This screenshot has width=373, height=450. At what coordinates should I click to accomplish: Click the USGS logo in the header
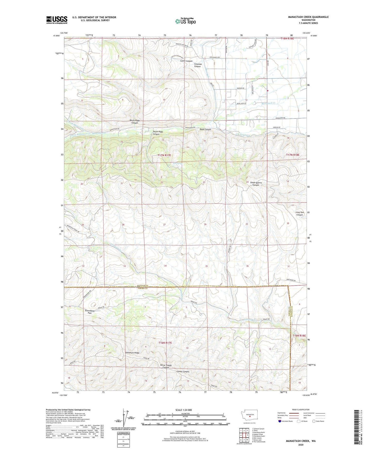(57, 20)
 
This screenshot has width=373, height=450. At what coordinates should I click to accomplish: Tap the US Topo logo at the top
(185, 21)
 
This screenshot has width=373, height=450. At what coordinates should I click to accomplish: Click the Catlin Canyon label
(186, 61)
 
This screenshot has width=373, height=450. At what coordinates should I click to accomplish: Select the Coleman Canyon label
(198, 65)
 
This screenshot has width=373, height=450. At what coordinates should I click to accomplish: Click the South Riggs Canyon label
(158, 133)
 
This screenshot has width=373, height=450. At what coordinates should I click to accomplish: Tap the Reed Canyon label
(205, 130)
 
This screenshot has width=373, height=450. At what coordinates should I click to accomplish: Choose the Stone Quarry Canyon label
(256, 184)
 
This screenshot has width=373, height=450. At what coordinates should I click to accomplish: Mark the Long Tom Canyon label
(299, 213)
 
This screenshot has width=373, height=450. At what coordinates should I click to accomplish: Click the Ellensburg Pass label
(89, 312)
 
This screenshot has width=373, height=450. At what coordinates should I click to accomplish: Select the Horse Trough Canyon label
(166, 366)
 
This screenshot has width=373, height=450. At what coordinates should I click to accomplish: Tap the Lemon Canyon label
(183, 372)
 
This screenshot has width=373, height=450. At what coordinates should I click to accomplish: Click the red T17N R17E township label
(164, 155)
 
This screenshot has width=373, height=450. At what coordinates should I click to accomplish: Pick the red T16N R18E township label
(299, 336)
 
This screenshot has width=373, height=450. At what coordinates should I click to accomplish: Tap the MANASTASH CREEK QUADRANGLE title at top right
(308, 17)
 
